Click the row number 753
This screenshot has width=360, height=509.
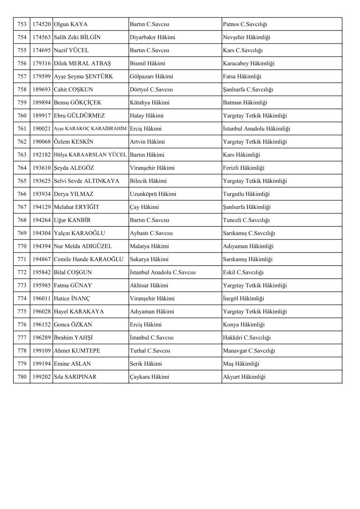22,24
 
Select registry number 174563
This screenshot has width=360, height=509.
41,37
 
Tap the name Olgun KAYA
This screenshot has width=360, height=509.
71,24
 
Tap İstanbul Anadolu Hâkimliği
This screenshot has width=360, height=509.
256,129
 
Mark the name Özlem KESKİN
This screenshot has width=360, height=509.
73,142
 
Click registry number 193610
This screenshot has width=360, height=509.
41,168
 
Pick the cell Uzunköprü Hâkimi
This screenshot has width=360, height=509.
153,194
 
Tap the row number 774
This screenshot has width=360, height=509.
22,299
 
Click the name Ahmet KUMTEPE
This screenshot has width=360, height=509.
75,351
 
